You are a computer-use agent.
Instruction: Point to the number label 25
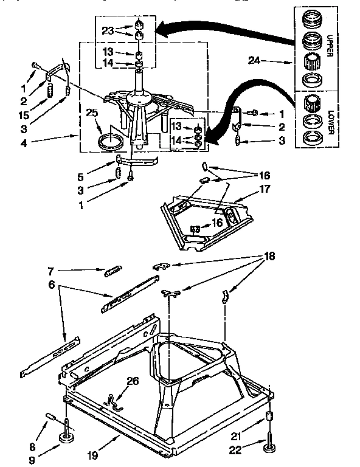pyautogui.click(x=92, y=112)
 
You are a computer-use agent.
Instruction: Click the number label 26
pyautogui.click(x=133, y=382)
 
